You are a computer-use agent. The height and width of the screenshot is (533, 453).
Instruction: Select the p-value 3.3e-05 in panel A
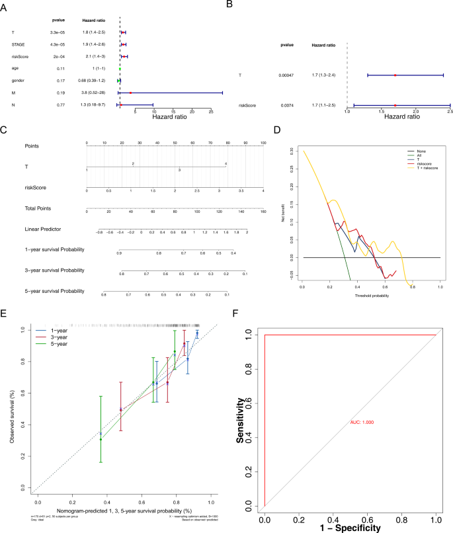point(58,32)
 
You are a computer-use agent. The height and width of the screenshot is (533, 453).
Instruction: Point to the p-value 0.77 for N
point(58,104)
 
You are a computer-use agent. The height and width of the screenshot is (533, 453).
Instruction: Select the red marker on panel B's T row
point(395,75)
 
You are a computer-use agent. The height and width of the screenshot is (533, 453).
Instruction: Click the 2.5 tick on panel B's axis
point(450,112)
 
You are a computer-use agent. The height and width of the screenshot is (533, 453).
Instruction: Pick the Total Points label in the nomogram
point(40,211)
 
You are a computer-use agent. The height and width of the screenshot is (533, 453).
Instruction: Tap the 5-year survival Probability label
point(55,291)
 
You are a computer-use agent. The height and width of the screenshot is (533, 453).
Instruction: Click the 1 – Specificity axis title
point(350,527)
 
